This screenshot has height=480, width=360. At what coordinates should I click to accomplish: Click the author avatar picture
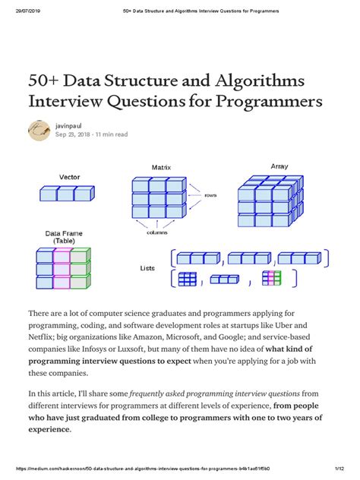pos(39,130)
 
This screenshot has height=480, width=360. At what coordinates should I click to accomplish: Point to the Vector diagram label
pos(69,177)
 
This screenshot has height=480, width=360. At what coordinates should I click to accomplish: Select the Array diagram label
pos(279,166)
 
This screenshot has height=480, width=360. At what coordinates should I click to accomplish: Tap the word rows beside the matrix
pos(210,194)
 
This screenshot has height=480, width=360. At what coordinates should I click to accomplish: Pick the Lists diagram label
pos(147,268)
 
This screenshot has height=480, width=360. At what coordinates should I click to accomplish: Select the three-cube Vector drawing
pos(67,194)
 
